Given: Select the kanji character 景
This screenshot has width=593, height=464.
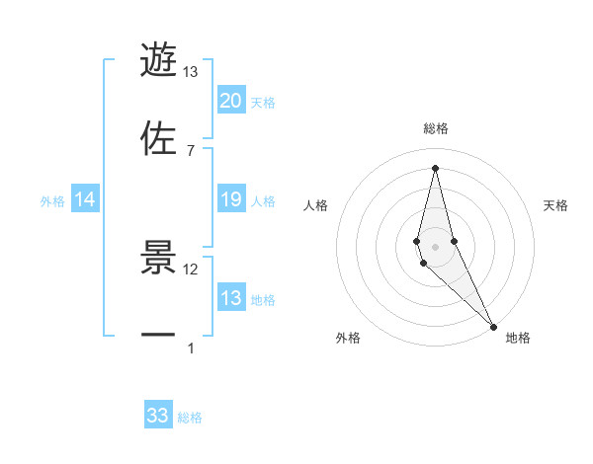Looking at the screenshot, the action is tap(158, 256).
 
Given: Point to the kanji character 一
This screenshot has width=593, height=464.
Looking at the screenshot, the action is tap(158, 335).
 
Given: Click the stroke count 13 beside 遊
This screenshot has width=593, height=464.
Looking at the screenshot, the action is tap(191, 72).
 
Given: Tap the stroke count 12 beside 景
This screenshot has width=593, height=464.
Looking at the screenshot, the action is tap(191, 269).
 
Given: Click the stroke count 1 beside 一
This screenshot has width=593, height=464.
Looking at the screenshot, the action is tap(191, 348).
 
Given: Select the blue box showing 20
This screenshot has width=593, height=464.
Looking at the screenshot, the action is tap(231, 101).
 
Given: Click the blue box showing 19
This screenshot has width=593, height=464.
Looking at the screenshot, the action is tap(231, 200).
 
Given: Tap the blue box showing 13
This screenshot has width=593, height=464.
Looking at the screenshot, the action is tap(231, 298).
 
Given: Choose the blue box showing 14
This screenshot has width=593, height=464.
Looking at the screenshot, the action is tap(85, 200).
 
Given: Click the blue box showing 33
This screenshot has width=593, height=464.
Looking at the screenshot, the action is tap(158, 416).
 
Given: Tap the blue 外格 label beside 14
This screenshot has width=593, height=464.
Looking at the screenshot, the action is tap(52, 201).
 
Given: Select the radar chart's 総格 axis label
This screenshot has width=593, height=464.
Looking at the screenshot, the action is tap(436, 129).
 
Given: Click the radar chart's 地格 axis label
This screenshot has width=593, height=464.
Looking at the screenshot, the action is tap(518, 339).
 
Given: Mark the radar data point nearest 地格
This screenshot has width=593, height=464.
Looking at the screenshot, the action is tap(493, 325).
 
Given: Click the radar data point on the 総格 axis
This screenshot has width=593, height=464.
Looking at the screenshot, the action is tap(435, 167).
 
